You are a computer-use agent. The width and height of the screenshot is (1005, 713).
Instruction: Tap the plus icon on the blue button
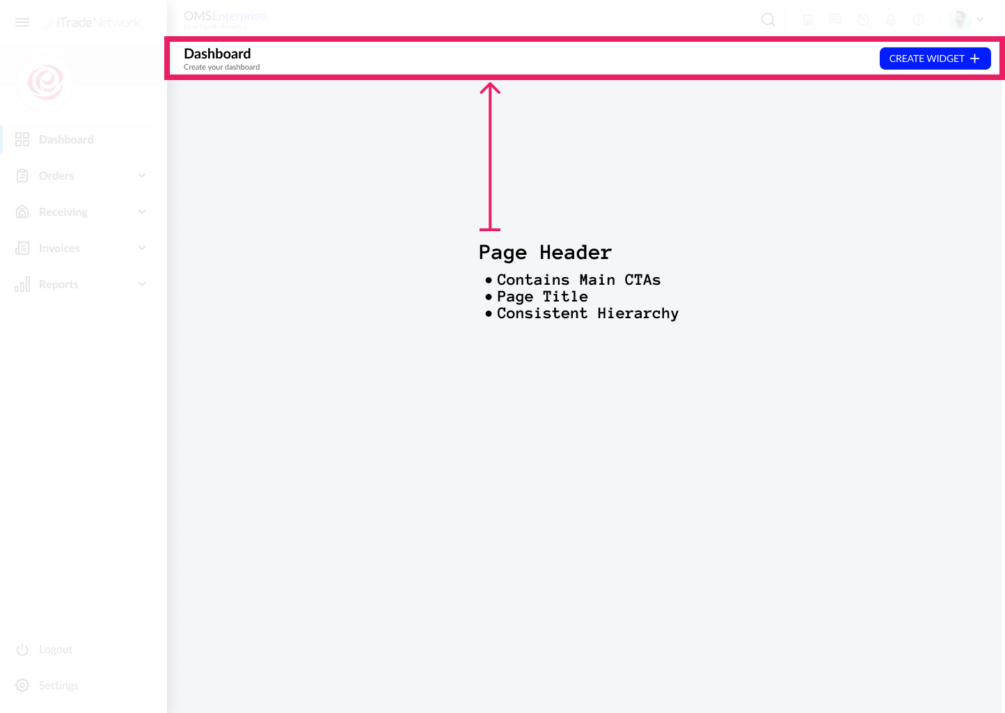click(x=975, y=58)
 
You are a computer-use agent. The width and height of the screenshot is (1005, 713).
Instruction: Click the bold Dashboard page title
click(x=217, y=54)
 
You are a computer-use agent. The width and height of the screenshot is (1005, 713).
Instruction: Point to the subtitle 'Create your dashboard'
click(x=221, y=68)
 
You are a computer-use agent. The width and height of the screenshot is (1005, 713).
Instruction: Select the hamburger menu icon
click(x=22, y=22)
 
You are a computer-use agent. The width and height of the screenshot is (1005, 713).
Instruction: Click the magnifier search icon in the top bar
click(x=768, y=19)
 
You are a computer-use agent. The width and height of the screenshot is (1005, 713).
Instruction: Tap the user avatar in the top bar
click(x=960, y=19)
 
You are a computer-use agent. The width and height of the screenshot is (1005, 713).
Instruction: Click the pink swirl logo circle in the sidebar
click(x=45, y=83)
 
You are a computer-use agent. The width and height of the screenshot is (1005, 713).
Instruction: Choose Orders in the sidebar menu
click(x=56, y=175)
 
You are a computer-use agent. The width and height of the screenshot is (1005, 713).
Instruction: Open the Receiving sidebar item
click(x=63, y=212)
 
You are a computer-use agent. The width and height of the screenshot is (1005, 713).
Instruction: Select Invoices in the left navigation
click(x=59, y=248)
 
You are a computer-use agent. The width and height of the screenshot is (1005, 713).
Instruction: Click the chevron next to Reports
click(x=142, y=284)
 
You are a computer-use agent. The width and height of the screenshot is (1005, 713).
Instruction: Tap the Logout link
click(x=56, y=649)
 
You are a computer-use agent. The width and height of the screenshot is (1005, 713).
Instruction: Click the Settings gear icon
click(x=22, y=685)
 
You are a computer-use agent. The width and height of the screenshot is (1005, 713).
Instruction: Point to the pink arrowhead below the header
click(x=490, y=88)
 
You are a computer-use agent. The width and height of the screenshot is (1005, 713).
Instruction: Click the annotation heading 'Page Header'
click(x=545, y=252)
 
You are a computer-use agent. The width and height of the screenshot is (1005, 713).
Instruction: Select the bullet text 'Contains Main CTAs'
click(x=578, y=280)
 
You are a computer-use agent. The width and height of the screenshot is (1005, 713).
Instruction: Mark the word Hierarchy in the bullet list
click(x=638, y=313)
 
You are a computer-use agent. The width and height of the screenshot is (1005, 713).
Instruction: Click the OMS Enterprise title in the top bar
click(x=224, y=16)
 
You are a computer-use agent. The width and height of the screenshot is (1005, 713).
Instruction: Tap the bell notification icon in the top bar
click(x=891, y=19)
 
